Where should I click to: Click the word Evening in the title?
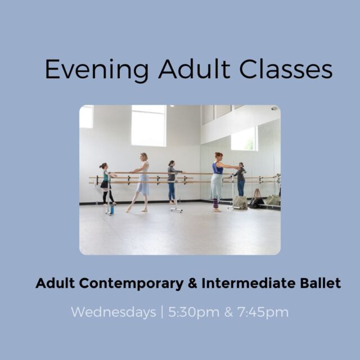97,70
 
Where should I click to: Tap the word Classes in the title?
286,69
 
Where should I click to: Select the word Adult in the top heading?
194,69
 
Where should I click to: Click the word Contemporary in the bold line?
131,283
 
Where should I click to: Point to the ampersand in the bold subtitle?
192,283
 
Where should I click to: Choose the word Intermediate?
249,283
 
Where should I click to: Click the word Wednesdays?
114,312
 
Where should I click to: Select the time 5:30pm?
193,313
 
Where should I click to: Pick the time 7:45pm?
263,313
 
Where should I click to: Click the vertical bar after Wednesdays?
163,312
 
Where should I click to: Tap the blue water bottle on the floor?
112,209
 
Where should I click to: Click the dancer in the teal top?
106,184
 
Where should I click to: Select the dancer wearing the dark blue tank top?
219,182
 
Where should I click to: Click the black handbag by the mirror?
256,200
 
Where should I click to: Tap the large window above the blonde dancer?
148,126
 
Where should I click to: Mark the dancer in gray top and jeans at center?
173,182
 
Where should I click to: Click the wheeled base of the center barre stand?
176,210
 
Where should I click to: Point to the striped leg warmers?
215,204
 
